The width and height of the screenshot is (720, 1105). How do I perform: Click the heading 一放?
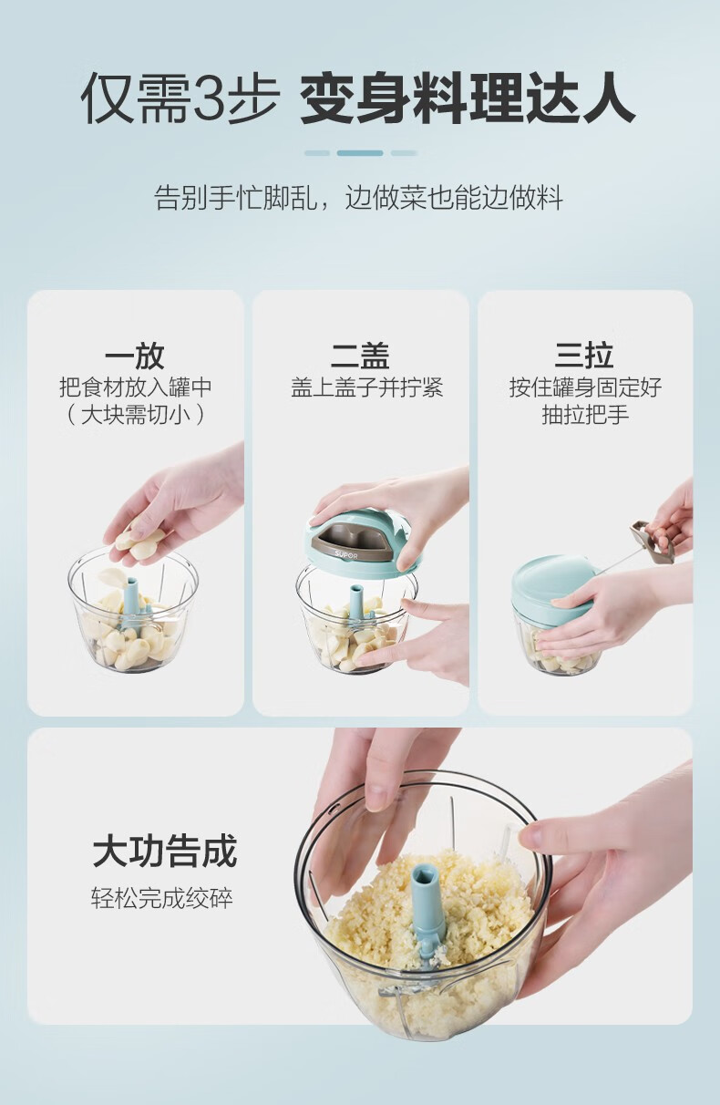tap(134, 356)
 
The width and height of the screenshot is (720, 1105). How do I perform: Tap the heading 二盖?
tap(360, 356)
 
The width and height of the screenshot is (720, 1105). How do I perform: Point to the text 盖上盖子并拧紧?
tap(366, 387)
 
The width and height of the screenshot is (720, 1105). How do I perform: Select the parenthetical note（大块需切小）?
tap(135, 415)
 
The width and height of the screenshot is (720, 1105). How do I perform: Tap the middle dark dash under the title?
tap(360, 153)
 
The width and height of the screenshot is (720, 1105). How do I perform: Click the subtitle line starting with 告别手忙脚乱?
tap(358, 197)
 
